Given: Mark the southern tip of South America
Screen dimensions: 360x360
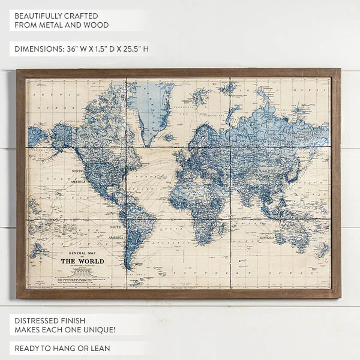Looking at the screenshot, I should click(127, 267).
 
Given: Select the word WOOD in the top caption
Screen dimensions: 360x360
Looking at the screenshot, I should click(98, 25).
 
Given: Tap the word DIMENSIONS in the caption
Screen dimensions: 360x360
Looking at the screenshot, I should click(38, 49).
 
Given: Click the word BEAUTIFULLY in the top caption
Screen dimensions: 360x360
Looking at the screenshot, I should click(40, 16).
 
